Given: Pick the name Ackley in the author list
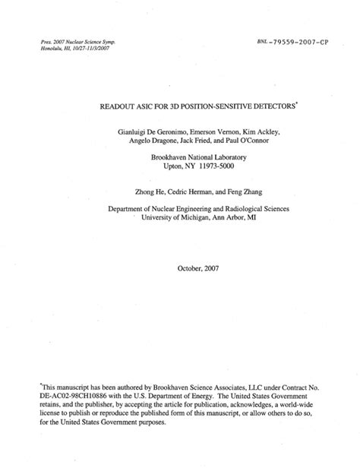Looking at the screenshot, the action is (262, 131).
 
